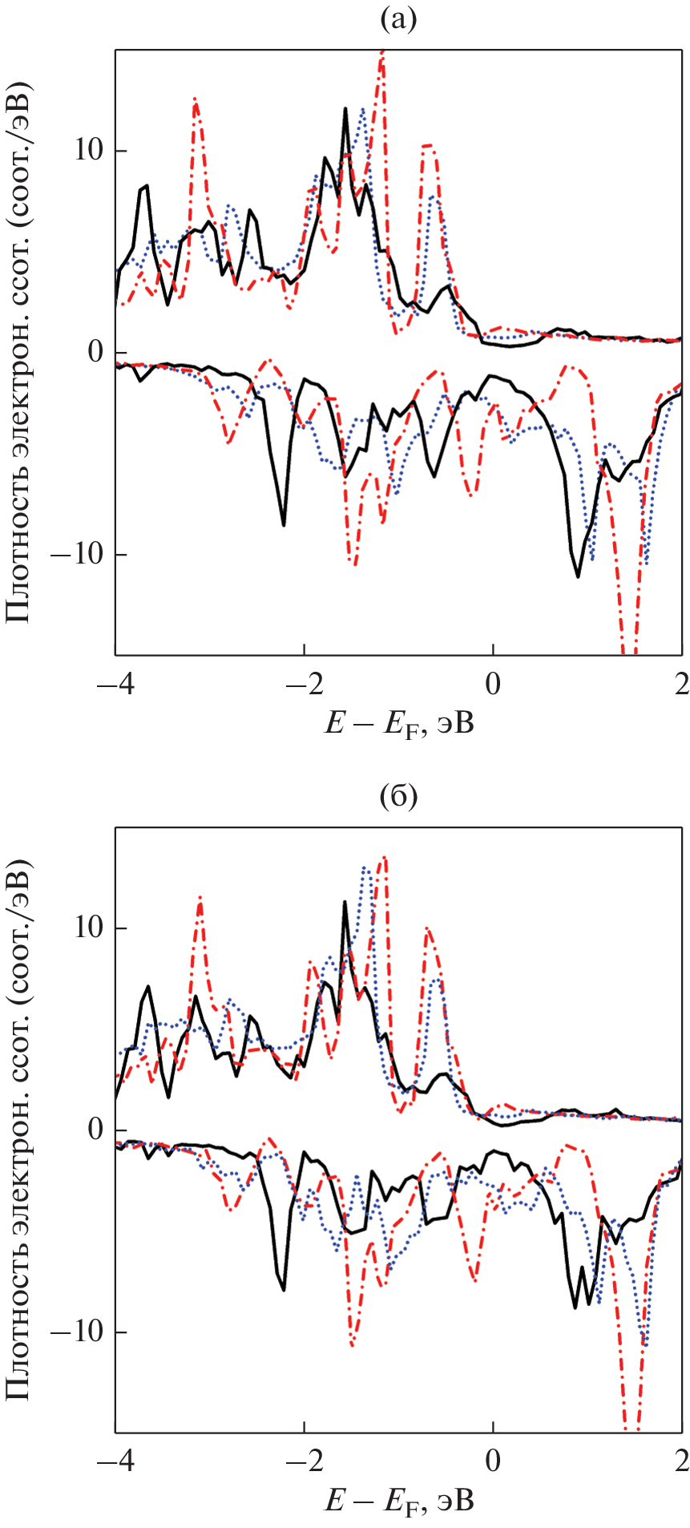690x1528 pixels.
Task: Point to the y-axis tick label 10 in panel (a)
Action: (90, 151)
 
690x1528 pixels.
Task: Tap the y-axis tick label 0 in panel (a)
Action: (98, 353)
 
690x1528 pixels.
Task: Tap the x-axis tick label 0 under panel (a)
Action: (493, 685)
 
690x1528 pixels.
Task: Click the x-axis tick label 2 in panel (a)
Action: (681, 685)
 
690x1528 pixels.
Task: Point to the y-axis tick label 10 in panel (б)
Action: (90, 928)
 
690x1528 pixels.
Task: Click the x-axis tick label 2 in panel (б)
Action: (681, 1461)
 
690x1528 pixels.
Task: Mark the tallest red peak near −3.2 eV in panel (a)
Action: (195, 99)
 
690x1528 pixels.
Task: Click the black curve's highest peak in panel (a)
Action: (345, 108)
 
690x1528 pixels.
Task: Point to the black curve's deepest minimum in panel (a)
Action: (578, 576)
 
